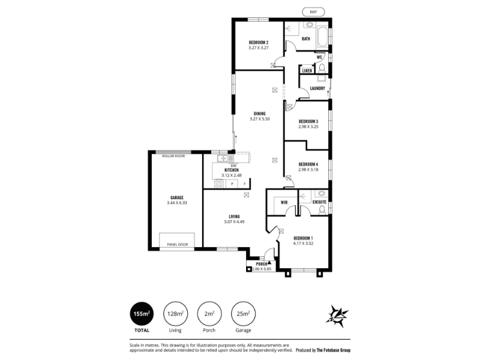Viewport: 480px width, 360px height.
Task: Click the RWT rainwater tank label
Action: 313,12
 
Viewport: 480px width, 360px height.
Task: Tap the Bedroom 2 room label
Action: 259,43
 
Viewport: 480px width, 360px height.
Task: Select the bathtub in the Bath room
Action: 323,37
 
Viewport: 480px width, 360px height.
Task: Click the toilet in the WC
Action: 322,68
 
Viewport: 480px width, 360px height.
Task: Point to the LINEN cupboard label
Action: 307,71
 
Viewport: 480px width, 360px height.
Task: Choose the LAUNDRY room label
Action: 317,88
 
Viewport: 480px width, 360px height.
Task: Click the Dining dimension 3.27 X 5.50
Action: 260,119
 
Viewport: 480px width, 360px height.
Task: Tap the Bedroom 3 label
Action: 308,122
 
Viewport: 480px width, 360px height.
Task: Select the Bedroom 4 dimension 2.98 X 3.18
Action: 308,169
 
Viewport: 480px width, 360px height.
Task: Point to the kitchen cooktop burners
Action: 218,184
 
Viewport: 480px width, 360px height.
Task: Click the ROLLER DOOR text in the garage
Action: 173,156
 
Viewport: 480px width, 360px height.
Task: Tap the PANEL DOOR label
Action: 177,244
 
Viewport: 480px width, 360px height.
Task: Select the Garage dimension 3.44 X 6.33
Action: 177,203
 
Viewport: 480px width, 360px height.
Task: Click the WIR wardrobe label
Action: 284,202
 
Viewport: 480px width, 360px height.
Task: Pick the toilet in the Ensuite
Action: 322,209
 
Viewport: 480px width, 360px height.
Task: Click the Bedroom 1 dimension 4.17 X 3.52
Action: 303,244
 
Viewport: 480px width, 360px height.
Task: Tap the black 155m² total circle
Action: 142,314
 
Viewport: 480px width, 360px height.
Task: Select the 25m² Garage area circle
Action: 244,314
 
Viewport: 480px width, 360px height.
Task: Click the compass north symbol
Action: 337,316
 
